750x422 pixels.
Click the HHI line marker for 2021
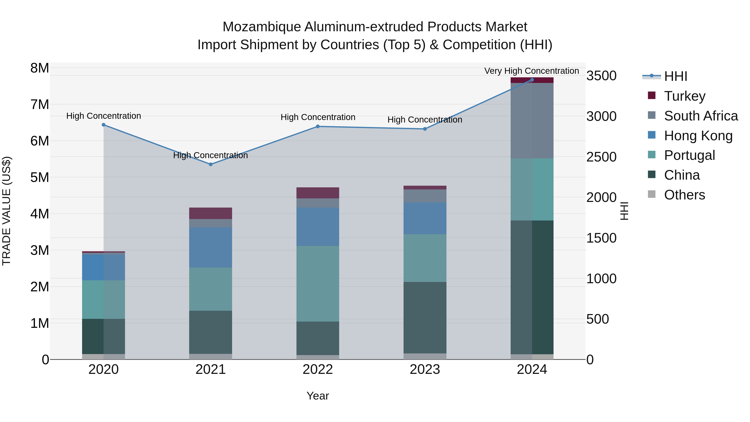(x=210, y=164)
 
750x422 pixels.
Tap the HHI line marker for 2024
(x=532, y=80)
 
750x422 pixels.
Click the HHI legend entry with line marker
(x=675, y=76)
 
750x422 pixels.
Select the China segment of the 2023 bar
(x=425, y=317)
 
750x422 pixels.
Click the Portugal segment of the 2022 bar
(x=318, y=283)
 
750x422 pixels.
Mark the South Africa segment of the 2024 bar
(x=532, y=121)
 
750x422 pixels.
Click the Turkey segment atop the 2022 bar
(x=318, y=193)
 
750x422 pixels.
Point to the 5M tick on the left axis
(x=40, y=177)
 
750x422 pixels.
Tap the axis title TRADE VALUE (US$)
(x=6, y=211)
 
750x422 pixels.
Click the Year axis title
(x=318, y=396)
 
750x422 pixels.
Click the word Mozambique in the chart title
(x=261, y=27)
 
